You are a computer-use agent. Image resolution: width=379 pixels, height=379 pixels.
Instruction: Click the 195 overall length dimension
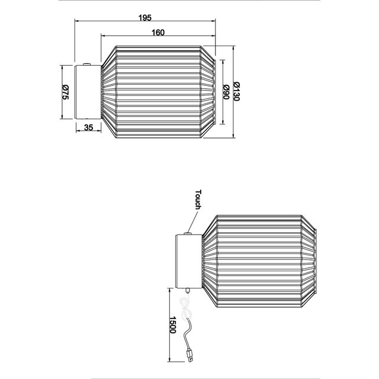(x=144, y=17)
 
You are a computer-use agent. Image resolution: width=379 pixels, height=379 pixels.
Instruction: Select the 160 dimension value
(x=157, y=32)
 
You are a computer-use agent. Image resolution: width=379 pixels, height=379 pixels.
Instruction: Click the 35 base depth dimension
(x=89, y=127)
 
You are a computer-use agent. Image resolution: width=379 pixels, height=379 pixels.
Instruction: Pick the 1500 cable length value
(x=172, y=323)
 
